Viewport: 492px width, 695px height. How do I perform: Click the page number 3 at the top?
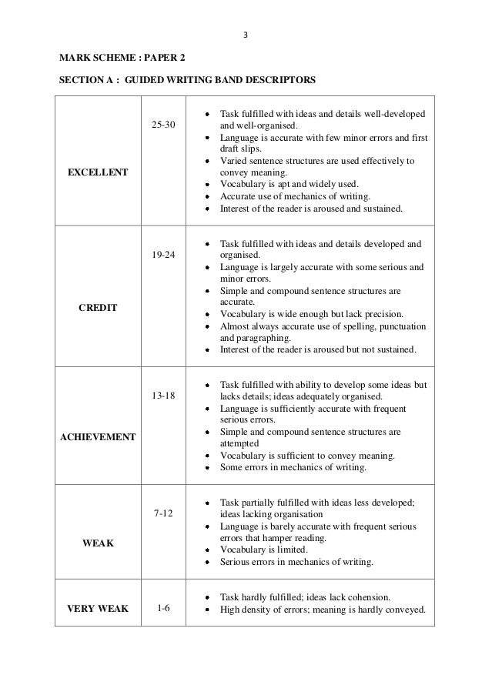click(246, 34)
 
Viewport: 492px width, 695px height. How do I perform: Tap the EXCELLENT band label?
click(98, 173)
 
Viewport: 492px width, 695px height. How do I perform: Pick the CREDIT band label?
click(98, 307)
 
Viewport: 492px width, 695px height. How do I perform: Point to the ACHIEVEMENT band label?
click(98, 436)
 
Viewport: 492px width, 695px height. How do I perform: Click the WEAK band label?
click(98, 543)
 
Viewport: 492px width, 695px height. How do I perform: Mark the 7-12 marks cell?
click(163, 511)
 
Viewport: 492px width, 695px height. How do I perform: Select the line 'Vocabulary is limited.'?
click(264, 550)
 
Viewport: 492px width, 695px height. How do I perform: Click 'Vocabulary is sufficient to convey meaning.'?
click(308, 456)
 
